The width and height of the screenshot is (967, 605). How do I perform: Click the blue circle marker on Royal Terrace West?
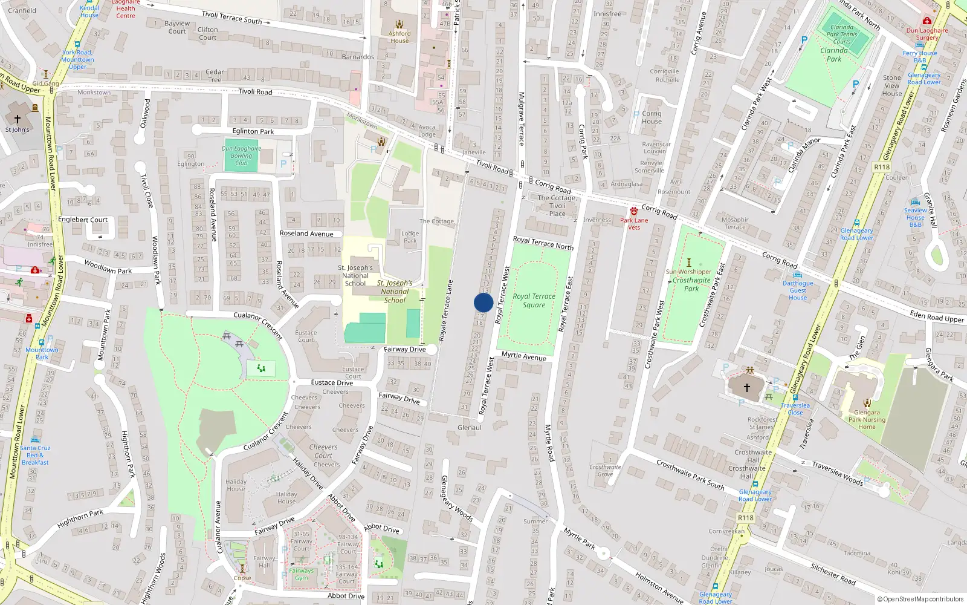[x=483, y=302]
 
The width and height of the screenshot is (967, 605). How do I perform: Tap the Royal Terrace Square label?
[x=534, y=301]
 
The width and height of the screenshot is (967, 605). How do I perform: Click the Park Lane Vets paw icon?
[x=633, y=211]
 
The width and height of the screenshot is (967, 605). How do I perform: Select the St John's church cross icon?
[x=17, y=119]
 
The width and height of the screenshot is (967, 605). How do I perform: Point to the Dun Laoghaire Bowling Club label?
[x=241, y=155]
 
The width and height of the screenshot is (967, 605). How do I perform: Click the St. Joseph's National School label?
[x=356, y=275]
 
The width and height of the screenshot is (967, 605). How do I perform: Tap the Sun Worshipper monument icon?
[x=688, y=263]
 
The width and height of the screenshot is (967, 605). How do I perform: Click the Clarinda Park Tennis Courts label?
[x=842, y=34]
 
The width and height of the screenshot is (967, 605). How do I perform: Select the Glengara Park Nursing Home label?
[x=867, y=419]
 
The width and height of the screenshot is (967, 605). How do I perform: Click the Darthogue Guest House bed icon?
[x=798, y=275]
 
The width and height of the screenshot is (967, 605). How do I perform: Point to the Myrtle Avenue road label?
[x=524, y=356]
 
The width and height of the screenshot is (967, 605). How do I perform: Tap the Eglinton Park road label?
[x=253, y=131]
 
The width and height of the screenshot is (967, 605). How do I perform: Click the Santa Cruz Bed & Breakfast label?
[x=35, y=455]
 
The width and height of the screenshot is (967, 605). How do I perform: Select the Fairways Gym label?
[x=301, y=574]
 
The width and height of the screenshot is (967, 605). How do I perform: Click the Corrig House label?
[x=652, y=117]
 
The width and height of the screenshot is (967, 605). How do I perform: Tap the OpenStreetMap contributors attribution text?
[x=920, y=599]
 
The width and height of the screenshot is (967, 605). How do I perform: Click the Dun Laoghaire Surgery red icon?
[x=927, y=21]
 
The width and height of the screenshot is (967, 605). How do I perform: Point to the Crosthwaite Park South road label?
[x=690, y=475]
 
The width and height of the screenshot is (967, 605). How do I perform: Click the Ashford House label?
[x=399, y=37]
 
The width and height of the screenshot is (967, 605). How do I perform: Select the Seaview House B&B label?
[x=915, y=217]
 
